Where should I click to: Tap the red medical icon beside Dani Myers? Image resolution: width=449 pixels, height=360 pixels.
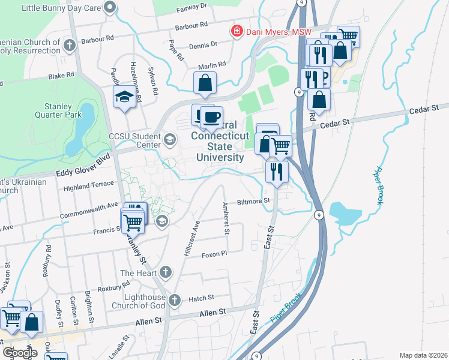point(237,31)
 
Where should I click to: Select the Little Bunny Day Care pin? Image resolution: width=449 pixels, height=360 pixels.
point(109,8)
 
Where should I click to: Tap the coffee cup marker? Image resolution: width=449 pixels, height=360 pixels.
point(211,116)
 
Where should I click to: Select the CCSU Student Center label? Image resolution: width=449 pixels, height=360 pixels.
point(134,140)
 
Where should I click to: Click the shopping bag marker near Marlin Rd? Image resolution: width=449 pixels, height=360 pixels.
point(205,83)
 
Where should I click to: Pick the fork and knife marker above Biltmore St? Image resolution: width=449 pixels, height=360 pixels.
point(277,170)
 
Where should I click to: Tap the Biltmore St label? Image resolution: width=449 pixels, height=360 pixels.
point(255,202)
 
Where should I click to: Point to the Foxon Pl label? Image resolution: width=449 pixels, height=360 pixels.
point(214,253)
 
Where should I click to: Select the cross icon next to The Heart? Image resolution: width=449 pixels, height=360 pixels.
point(166,273)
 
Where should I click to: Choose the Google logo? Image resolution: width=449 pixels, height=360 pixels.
point(20,353)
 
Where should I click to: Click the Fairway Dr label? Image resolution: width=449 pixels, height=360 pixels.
point(191,7)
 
